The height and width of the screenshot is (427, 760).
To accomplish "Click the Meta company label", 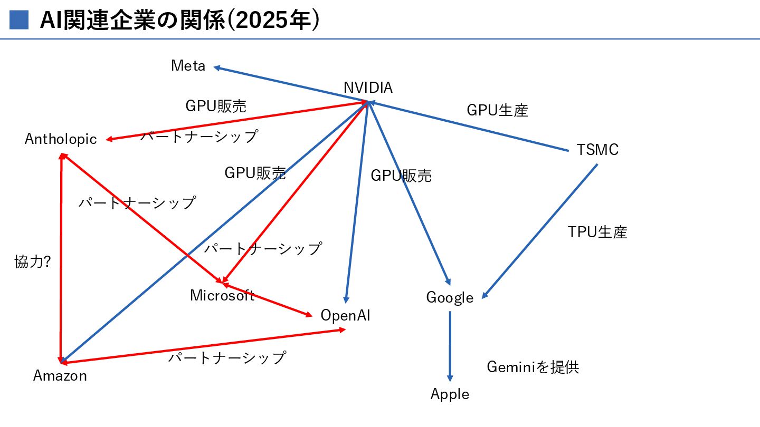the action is point(188,66).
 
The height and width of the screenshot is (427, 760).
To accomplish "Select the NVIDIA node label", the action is point(368,88).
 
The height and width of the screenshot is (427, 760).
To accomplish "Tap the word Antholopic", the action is point(61,139).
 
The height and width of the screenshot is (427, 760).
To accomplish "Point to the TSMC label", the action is point(597,150).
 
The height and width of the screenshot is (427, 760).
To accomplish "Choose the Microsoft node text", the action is point(222,295).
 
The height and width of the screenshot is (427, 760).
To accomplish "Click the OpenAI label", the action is point(346,315).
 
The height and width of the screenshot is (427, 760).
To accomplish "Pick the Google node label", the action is point(450,297).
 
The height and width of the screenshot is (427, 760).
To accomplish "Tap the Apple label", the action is point(450,394).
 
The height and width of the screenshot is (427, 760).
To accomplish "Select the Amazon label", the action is point(60,375).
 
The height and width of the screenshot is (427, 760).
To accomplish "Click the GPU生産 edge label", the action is point(497,110).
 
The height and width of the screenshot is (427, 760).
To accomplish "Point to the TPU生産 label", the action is point(597,232).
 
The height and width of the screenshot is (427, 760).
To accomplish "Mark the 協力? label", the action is point(32,262).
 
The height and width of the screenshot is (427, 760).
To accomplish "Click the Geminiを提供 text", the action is point(533,367).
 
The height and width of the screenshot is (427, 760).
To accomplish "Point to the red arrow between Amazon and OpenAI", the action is point(203,346).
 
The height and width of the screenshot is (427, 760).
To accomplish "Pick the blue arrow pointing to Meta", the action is point(290,84).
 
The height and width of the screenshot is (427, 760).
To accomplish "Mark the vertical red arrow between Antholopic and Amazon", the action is point(62,258).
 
